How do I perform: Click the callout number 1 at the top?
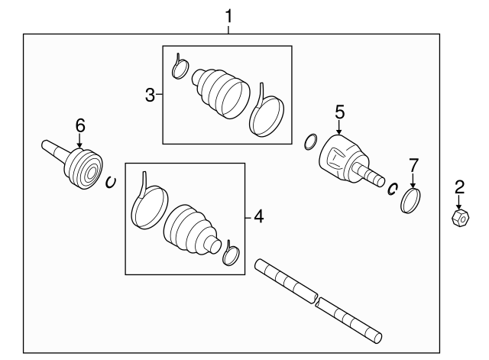[x=228, y=16]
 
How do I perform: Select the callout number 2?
[x=459, y=187]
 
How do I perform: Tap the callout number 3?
[x=150, y=95]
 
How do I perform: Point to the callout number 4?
[x=259, y=216]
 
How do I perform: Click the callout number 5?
[x=339, y=112]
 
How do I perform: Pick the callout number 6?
[x=80, y=125]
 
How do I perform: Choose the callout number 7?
[x=413, y=165]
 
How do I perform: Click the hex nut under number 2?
[x=461, y=217]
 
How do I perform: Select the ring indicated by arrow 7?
[x=410, y=200]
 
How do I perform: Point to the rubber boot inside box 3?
[x=221, y=93]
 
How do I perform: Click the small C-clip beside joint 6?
[x=110, y=182]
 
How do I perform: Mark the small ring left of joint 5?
[x=311, y=142]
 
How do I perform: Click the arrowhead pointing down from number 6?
[x=79, y=145]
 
